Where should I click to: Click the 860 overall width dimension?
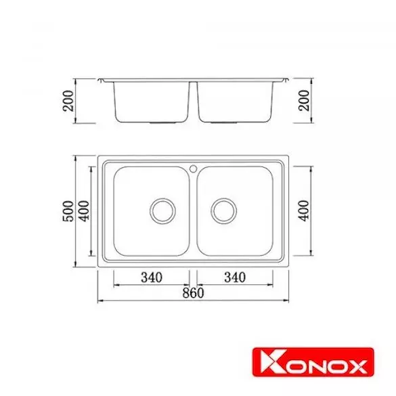point(193,293)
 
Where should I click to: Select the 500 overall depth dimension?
point(68,211)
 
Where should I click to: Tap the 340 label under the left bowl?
point(152,278)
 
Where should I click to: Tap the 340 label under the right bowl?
point(235,278)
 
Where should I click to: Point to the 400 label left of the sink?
point(85,211)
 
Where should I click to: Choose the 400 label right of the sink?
point(304,211)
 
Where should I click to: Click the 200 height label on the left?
point(68,101)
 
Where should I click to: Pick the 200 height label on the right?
point(304,100)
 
